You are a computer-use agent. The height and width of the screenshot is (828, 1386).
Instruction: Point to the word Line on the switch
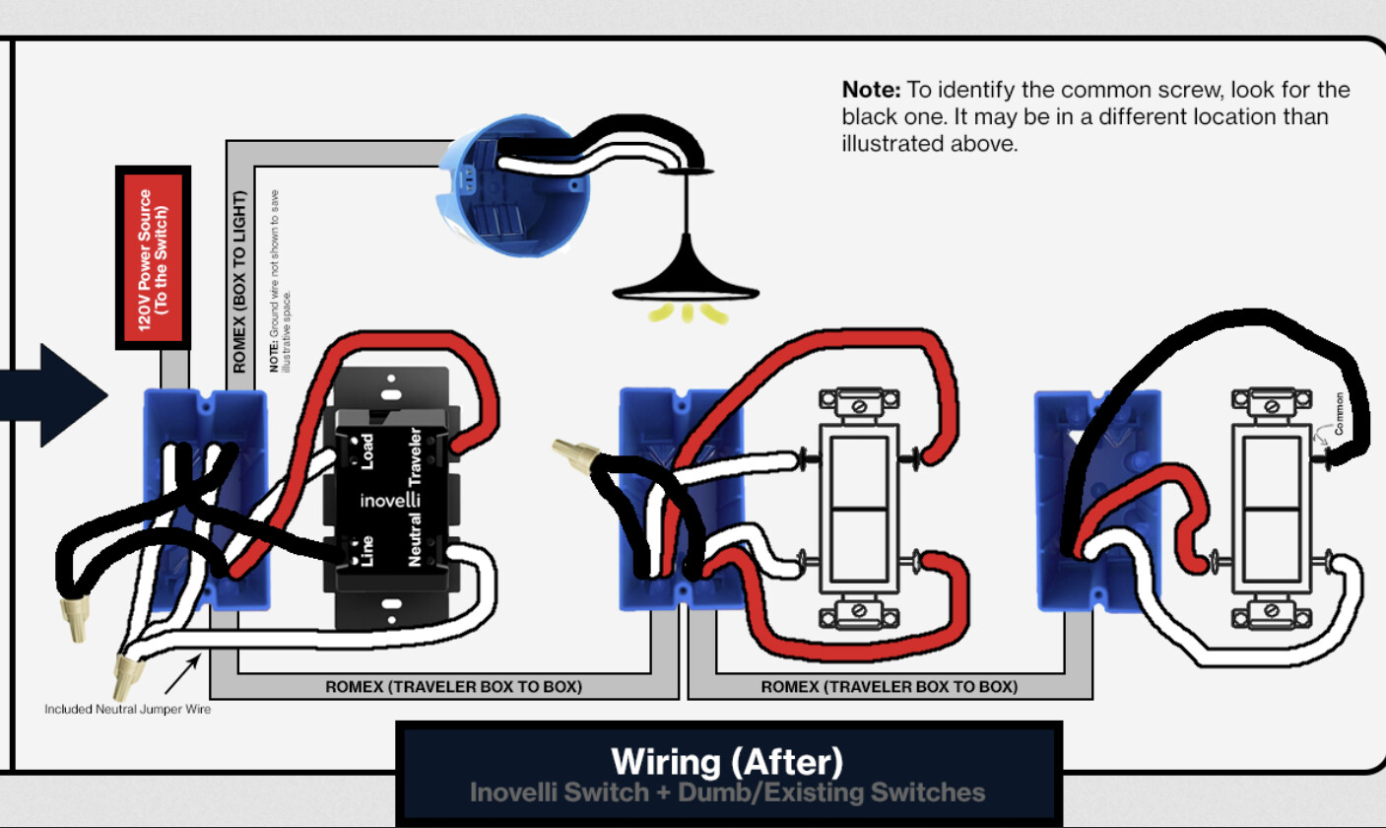(366, 550)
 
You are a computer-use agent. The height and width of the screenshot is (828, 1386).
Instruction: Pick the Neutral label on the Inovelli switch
(415, 536)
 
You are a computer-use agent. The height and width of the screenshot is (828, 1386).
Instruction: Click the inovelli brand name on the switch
(390, 501)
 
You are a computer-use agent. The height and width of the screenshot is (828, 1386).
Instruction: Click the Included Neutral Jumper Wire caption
(127, 709)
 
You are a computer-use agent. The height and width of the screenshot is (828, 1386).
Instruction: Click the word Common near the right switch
(1339, 415)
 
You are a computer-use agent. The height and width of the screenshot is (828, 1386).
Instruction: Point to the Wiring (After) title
(727, 762)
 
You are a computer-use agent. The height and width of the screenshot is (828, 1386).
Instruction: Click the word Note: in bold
(871, 90)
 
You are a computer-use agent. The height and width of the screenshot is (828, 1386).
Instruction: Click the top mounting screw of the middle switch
(859, 404)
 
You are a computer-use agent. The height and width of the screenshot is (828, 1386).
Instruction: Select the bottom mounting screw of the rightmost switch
(1272, 612)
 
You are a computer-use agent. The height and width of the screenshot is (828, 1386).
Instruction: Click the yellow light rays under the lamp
(687, 314)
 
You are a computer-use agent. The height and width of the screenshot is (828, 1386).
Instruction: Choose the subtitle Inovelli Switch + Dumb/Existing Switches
(727, 793)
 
